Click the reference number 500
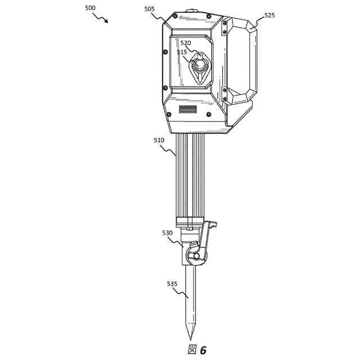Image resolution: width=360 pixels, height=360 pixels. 90,8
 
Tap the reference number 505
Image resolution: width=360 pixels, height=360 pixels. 150,9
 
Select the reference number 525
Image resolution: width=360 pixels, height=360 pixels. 269,15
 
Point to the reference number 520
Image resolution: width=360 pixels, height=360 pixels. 186,43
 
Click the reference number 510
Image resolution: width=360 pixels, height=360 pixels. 159,140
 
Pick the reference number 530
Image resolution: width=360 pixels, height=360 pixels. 167,233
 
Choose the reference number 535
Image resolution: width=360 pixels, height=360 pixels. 172,284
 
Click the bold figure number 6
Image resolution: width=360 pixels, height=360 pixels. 203,350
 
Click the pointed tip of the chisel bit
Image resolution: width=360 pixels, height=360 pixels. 190,340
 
